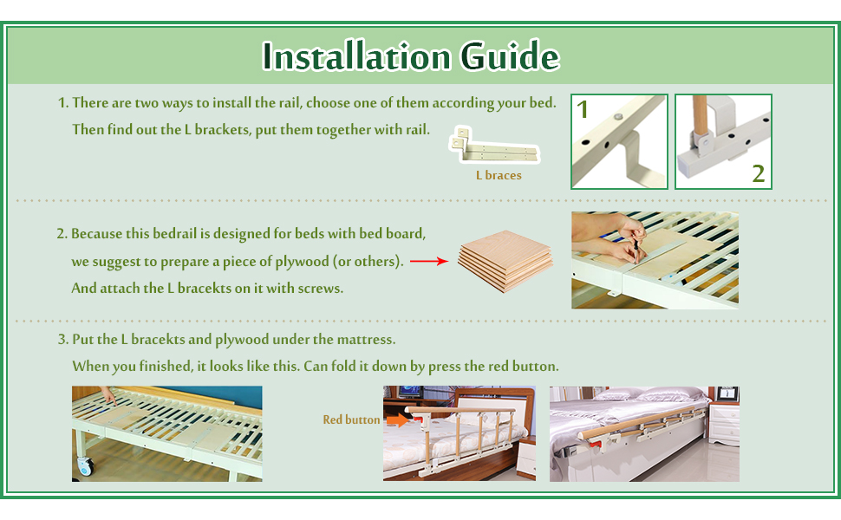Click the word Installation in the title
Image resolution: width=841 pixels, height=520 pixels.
[356, 55]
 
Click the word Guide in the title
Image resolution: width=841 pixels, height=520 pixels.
[510, 55]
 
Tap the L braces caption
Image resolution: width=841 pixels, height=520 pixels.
[499, 175]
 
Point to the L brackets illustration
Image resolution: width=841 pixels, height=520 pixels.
[494, 145]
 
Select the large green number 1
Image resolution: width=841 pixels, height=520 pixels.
[583, 109]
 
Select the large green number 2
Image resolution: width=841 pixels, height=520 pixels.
[758, 173]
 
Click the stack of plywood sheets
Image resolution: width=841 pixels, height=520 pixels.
[505, 261]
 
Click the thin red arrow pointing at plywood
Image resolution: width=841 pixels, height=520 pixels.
[429, 261]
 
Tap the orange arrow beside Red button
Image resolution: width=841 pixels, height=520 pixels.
[397, 419]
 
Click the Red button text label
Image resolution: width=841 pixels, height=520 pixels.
[351, 419]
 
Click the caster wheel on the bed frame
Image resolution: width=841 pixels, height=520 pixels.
[86, 466]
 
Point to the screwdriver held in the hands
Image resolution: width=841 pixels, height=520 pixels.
[636, 250]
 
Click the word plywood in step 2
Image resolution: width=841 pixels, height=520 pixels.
[302, 262]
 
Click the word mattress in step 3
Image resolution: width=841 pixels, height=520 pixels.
[366, 340]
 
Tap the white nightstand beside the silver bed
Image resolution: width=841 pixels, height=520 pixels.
[724, 424]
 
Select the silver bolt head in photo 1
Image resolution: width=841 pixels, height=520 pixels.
[618, 116]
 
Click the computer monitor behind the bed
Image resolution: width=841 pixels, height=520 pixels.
[411, 392]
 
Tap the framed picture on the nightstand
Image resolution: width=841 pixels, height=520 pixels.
[728, 394]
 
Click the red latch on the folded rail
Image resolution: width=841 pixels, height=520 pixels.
[594, 444]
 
